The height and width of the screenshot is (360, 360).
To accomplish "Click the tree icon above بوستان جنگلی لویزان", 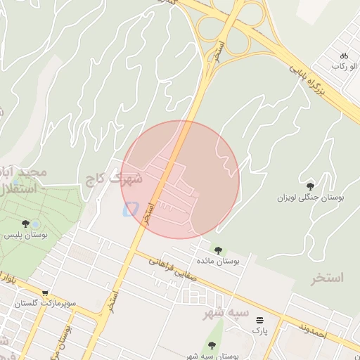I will (x=310, y=186).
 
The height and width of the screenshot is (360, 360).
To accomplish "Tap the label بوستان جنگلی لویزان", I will (x=311, y=198).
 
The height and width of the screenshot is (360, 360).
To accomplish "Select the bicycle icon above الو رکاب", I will (x=344, y=56).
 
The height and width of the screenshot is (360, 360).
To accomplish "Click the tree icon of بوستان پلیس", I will (x=25, y=224).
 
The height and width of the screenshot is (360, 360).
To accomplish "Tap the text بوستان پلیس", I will (x=25, y=236).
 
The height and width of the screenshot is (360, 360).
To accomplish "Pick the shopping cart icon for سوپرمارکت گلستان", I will (x=45, y=293).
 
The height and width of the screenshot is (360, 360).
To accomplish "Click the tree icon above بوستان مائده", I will (x=218, y=249).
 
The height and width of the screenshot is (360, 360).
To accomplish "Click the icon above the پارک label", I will (x=260, y=319).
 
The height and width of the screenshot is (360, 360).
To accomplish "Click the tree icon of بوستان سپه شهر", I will (x=212, y=345).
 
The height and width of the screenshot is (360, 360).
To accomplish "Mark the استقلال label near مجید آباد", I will (x=15, y=190).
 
